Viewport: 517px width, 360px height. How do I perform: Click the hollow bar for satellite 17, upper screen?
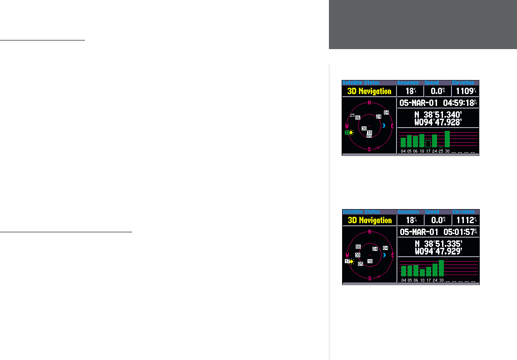click(x=428, y=143)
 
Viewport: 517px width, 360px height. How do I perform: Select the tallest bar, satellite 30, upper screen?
click(x=447, y=139)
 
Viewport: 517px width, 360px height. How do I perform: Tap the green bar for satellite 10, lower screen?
click(x=422, y=272)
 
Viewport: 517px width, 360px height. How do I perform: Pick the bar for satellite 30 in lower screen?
click(x=441, y=268)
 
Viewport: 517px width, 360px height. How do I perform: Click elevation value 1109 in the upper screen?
click(x=464, y=91)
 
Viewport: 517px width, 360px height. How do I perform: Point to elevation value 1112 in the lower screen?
click(x=464, y=220)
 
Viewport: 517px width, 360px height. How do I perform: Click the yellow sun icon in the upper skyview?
click(x=351, y=133)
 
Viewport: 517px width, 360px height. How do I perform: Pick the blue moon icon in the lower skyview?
click(x=384, y=255)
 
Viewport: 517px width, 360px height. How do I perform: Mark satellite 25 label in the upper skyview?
click(x=352, y=115)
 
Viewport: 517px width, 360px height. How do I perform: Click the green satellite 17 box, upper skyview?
click(x=346, y=133)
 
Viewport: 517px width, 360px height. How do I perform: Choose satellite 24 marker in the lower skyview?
click(x=375, y=249)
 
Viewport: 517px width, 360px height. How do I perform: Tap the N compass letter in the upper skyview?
click(x=369, y=103)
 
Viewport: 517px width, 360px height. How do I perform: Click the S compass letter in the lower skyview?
click(x=369, y=278)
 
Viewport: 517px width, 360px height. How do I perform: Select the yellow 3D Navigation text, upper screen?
click(x=369, y=91)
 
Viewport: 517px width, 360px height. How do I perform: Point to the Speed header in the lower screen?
click(x=432, y=212)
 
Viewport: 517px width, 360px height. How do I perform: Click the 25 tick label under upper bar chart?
click(x=441, y=151)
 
